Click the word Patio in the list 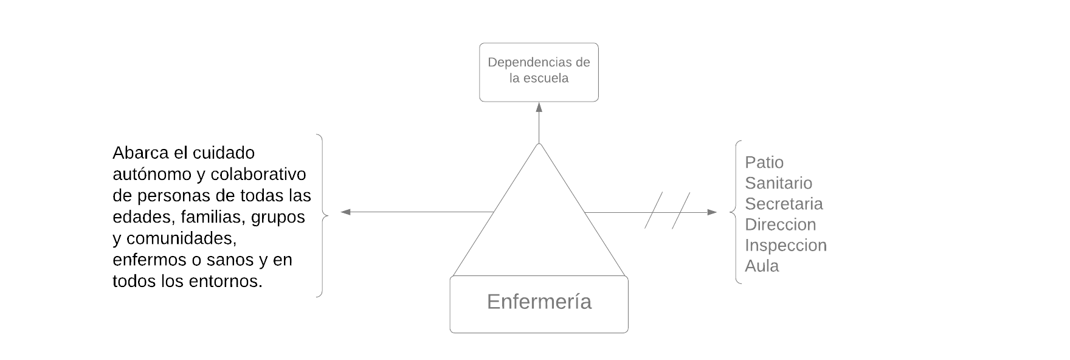(x=764, y=162)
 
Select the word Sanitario (x=778, y=183)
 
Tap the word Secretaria (x=784, y=204)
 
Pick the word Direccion (x=780, y=224)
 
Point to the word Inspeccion (x=785, y=245)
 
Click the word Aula (x=762, y=266)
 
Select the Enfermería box (x=539, y=305)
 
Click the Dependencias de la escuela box (x=539, y=72)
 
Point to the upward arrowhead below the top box (x=539, y=107)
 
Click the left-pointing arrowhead (x=345, y=212)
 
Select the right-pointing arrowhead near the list (x=712, y=212)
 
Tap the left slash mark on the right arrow (x=654, y=210)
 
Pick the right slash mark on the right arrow (x=681, y=210)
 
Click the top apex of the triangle (x=539, y=145)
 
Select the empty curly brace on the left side (x=322, y=215)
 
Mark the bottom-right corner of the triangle (x=626, y=276)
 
